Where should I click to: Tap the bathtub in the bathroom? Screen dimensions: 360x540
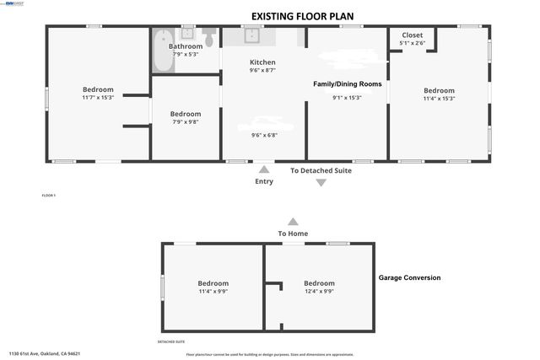pos(161,51)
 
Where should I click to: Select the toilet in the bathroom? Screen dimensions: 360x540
pos(208,39)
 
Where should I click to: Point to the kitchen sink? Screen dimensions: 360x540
pos(250,35)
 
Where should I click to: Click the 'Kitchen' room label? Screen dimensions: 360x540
pos(262,62)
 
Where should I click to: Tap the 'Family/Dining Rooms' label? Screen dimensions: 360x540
pos(348,84)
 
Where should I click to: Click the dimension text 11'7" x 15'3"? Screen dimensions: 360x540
pos(98,98)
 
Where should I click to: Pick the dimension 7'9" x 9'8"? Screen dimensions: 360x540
pos(186,122)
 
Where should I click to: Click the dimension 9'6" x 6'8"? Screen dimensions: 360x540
pos(264,135)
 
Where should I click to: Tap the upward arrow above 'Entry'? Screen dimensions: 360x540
pos(264,170)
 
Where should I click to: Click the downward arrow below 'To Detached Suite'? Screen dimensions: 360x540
pos(321,182)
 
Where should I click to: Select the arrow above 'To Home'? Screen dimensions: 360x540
pos(293,221)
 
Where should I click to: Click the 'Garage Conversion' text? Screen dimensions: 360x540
pos(409,277)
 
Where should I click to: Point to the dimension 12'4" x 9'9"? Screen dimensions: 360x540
pos(319,292)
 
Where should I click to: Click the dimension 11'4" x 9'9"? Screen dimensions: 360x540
pos(213,292)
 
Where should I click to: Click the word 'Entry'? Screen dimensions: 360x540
pos(264,181)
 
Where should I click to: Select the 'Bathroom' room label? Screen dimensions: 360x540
pos(186,46)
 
